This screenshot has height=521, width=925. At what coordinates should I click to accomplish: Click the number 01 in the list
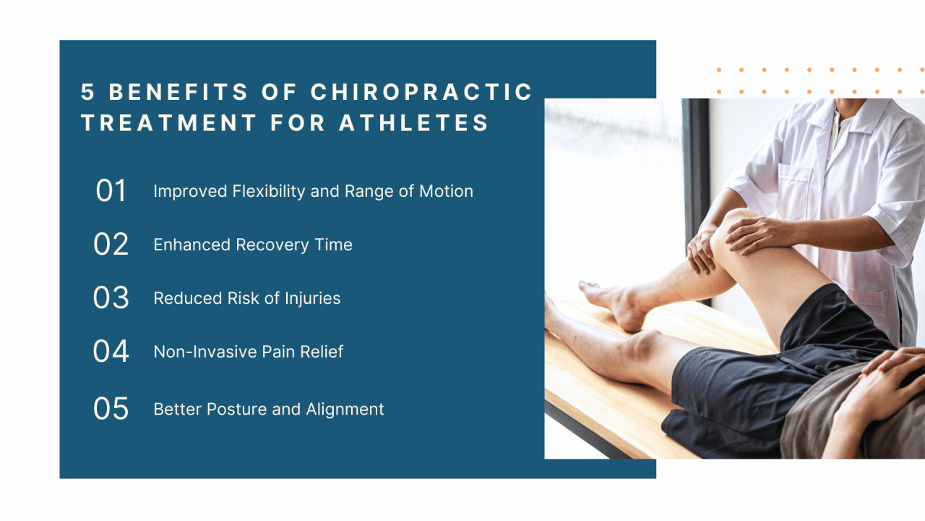(111, 191)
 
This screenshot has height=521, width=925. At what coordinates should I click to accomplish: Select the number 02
(111, 245)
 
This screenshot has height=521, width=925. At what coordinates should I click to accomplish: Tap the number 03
(111, 298)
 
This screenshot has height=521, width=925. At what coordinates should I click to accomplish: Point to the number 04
(111, 352)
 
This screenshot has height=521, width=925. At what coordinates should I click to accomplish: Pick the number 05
(111, 409)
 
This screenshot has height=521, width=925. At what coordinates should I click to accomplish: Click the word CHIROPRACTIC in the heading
(421, 92)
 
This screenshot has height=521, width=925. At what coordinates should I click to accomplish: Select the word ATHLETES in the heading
(414, 123)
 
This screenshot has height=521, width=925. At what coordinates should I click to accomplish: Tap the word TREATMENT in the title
(169, 123)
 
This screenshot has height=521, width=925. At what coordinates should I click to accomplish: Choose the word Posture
(236, 409)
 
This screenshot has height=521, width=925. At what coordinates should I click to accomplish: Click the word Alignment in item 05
(345, 409)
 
